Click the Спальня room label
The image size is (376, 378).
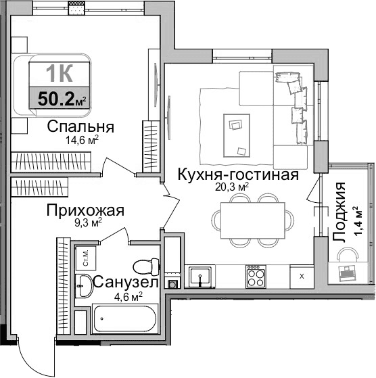(80, 126)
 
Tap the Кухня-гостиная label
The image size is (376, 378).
(237, 174)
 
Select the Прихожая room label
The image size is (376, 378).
(85, 210)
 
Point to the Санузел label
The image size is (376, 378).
(126, 282)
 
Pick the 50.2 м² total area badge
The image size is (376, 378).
(62, 99)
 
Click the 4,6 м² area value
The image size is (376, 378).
(126, 296)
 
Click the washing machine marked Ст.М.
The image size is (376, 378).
(87, 258)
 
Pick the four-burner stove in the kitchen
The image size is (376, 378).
(255, 276)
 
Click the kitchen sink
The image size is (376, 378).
(200, 276)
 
